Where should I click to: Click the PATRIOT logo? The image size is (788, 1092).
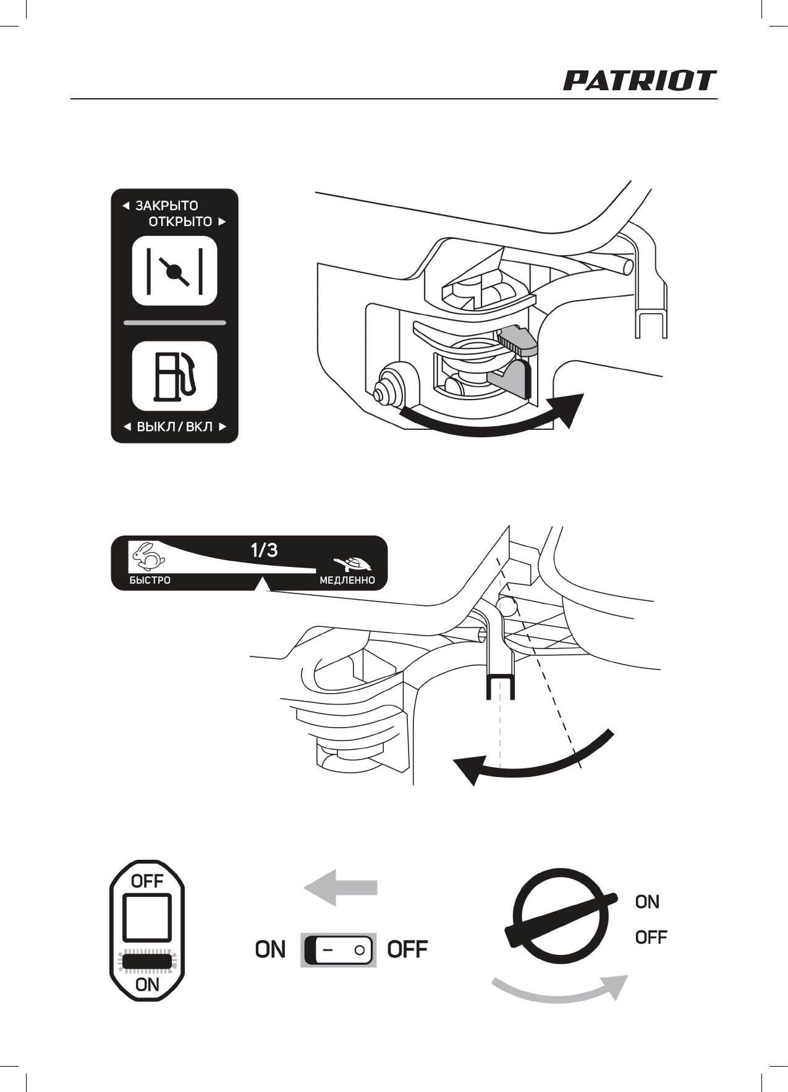click(639, 81)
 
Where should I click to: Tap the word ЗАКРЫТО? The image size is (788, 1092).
click(166, 206)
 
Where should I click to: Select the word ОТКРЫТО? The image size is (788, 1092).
click(180, 222)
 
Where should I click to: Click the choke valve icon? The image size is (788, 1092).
click(174, 271)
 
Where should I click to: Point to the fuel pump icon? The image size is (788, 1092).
click(174, 376)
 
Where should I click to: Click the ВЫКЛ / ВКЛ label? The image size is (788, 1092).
click(174, 427)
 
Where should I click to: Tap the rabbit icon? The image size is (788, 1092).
click(149, 556)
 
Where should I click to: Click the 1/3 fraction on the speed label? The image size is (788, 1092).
click(264, 550)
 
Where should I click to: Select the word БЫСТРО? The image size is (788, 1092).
click(150, 581)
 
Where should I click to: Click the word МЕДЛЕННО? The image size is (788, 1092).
click(347, 581)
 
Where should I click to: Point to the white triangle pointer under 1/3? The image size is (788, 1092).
click(263, 584)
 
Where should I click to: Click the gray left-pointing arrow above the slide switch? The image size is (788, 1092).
click(340, 888)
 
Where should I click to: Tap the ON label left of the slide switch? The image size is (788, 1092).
click(270, 949)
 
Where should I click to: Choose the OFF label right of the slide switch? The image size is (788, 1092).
click(407, 949)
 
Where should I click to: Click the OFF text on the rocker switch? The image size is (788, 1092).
click(147, 881)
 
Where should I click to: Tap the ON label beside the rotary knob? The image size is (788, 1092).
click(647, 902)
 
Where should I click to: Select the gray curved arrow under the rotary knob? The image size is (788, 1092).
click(559, 988)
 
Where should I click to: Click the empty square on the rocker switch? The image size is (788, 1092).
click(147, 917)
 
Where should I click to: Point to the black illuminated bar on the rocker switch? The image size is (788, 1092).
click(147, 962)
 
